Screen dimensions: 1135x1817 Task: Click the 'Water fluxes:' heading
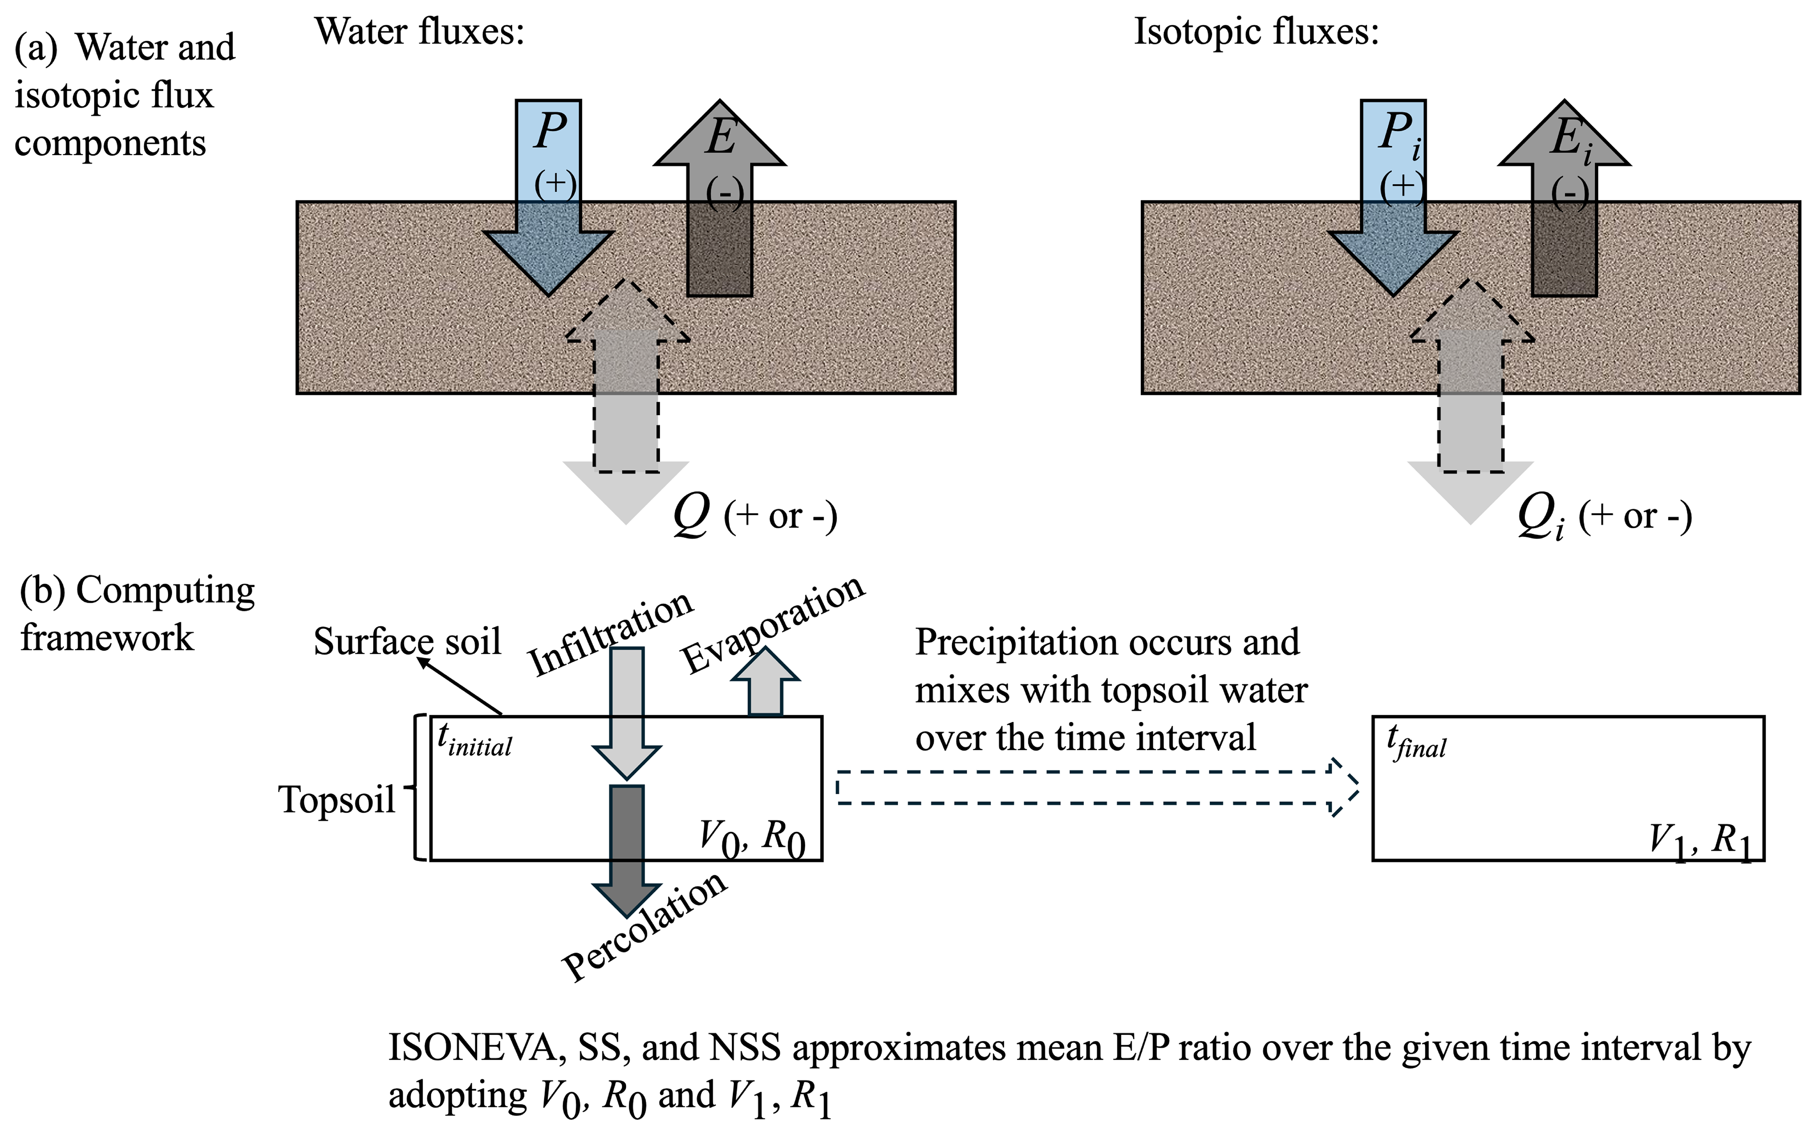pos(419,32)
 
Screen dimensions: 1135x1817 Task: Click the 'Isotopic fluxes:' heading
pos(1256,32)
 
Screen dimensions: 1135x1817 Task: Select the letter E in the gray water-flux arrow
pos(720,138)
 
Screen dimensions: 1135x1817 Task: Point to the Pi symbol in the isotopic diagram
pos(1398,135)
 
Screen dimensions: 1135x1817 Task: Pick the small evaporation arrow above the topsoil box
pos(765,683)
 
